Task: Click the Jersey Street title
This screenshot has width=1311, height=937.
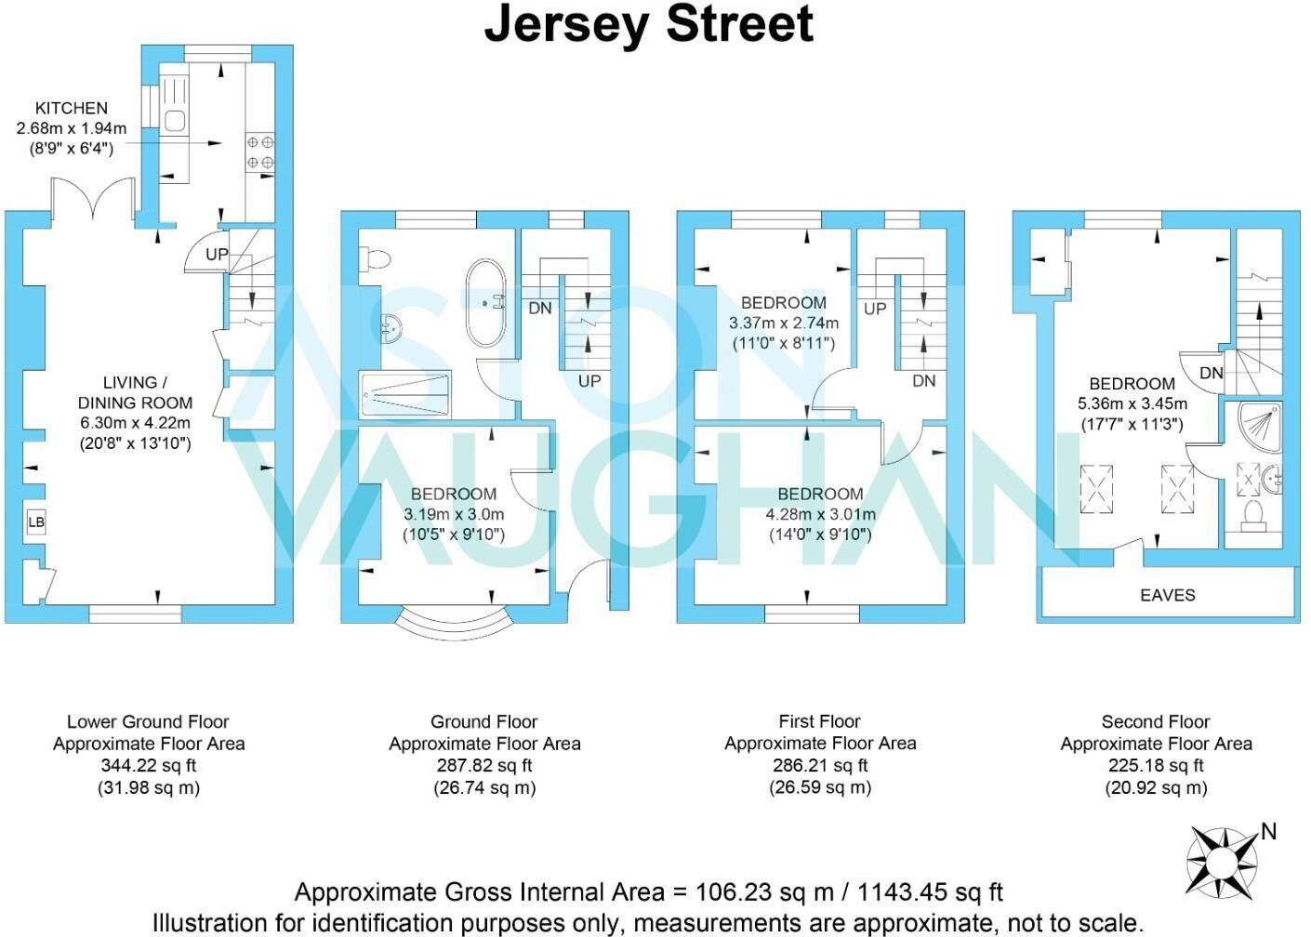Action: pos(648,24)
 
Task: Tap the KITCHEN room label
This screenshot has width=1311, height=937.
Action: pos(72,108)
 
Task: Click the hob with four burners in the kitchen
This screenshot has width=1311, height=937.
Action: pos(259,152)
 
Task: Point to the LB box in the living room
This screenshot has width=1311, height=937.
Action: pos(35,522)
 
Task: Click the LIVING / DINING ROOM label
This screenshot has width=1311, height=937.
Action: pos(135,392)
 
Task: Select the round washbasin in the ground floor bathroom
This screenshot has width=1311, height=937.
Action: pos(391,327)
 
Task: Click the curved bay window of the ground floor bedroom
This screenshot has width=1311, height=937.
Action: pos(454,620)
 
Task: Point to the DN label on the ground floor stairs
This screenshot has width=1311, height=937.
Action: pos(539,308)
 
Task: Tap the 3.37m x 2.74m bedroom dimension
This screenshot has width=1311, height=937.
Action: pos(783,323)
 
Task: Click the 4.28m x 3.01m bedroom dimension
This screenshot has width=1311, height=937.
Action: pos(820,514)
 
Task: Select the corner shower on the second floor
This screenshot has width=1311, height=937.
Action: pos(1259,423)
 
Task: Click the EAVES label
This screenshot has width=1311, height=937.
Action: pos(1167,595)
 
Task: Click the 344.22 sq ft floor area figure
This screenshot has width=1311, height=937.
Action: pos(148,766)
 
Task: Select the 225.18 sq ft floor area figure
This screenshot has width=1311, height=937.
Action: pos(1156,766)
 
